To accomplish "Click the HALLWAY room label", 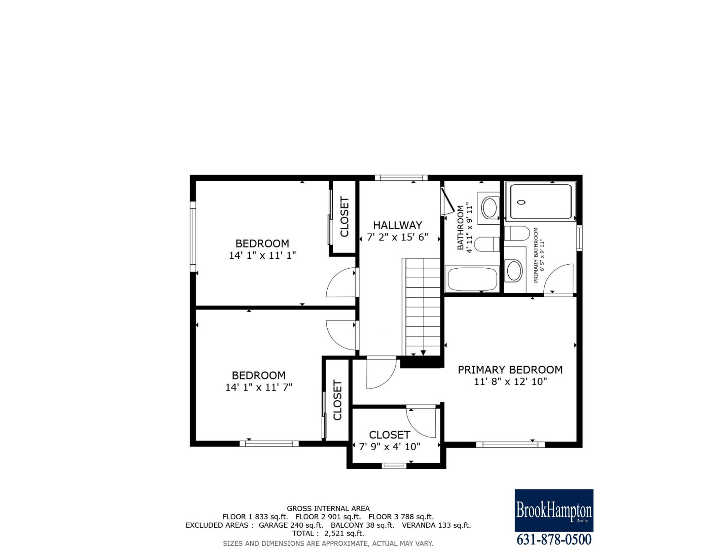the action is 397,225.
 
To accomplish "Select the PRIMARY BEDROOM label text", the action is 510,370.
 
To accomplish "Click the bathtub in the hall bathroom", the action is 472,280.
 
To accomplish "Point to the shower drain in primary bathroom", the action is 522,202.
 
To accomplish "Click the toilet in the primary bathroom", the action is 517,233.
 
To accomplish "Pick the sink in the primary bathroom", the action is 514,270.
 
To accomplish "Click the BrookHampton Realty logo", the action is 554,510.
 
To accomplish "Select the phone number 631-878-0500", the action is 554,540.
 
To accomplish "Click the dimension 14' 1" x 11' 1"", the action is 262,255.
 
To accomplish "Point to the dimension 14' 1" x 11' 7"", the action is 259,387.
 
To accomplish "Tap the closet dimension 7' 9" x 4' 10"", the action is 390,447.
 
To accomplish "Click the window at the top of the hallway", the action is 401,178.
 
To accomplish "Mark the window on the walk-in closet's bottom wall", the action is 394,466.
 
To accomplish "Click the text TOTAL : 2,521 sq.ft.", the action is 328,533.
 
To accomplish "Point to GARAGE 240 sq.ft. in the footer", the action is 291,525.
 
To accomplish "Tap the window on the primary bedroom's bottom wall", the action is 510,445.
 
